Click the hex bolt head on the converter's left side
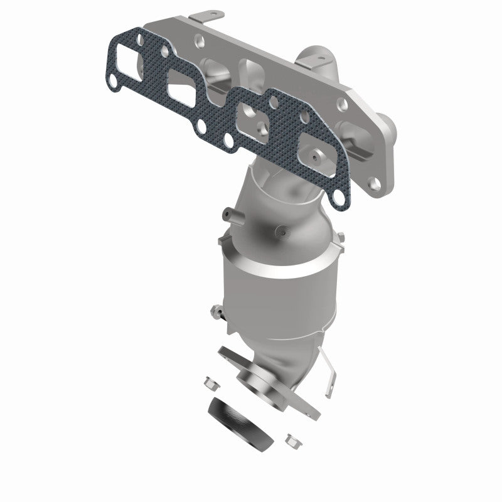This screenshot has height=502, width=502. click(215, 309)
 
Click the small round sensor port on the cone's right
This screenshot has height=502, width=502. click(286, 231)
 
